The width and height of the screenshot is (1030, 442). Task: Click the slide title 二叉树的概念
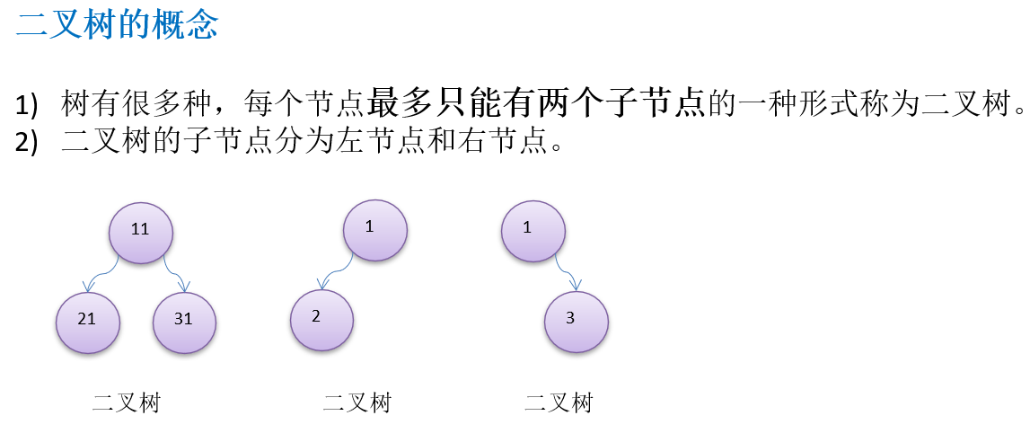pyautogui.click(x=117, y=25)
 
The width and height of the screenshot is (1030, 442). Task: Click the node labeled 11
pyautogui.click(x=140, y=230)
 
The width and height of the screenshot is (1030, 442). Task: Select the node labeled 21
pyautogui.click(x=87, y=321)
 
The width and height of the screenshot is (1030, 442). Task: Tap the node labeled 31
pyautogui.click(x=184, y=321)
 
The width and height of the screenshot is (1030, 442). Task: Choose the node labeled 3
pyautogui.click(x=577, y=320)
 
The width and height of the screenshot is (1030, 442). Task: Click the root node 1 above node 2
pyautogui.click(x=375, y=228)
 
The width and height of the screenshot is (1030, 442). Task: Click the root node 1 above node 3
pyautogui.click(x=533, y=229)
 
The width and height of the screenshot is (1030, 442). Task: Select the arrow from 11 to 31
pyautogui.click(x=178, y=275)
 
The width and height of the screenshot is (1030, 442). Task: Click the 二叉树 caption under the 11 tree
pyautogui.click(x=126, y=403)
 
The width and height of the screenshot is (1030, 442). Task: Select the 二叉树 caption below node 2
pyautogui.click(x=357, y=403)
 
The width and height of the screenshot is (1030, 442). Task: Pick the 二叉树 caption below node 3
pyautogui.click(x=559, y=403)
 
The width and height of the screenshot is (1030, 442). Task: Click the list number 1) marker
pyautogui.click(x=28, y=106)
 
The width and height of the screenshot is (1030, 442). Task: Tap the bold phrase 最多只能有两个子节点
pyautogui.click(x=536, y=105)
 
